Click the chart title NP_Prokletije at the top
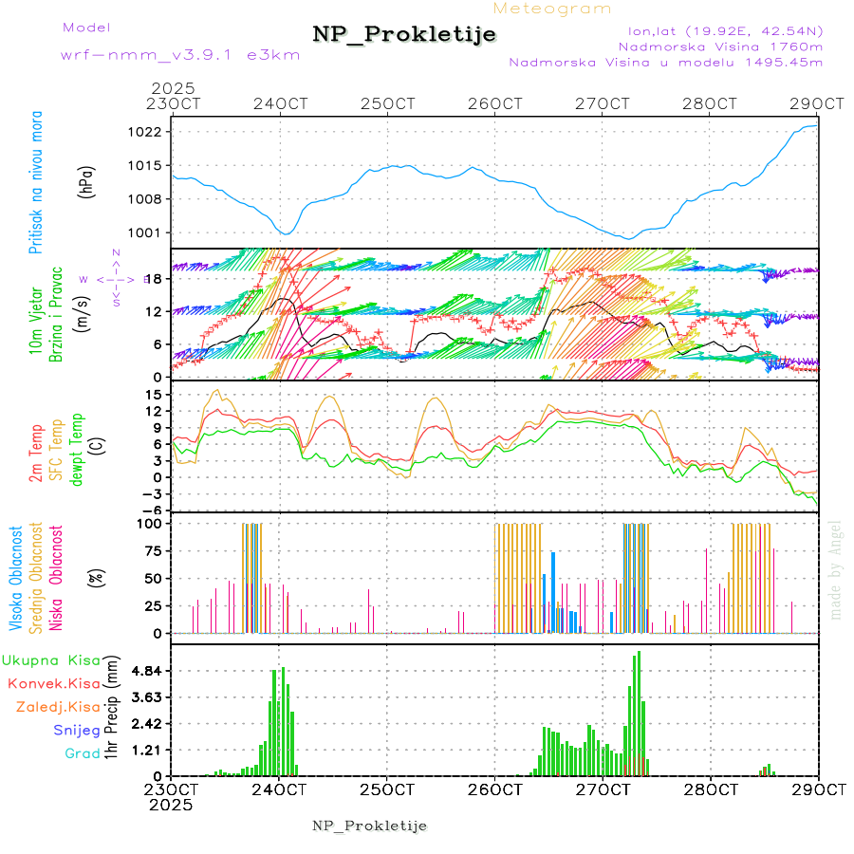(x=404, y=34)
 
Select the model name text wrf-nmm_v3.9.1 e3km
(x=180, y=54)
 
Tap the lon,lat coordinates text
(x=720, y=30)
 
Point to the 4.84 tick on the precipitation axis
(x=146, y=671)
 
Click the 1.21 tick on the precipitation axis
(x=146, y=750)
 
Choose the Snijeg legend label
(x=77, y=730)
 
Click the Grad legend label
(x=83, y=753)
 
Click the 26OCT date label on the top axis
(x=495, y=103)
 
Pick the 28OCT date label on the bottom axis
(x=711, y=789)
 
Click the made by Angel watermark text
(x=836, y=568)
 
